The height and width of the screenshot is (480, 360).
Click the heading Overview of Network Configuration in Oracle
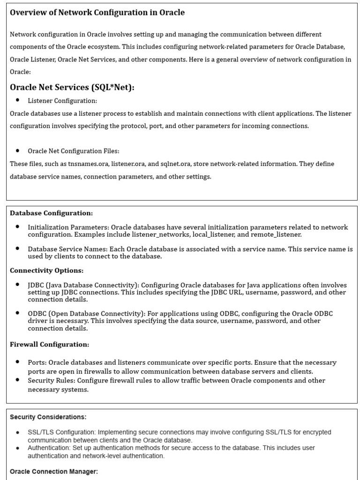[x=97, y=13]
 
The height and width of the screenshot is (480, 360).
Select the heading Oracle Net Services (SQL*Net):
[x=72, y=87]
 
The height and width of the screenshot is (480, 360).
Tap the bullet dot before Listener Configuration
[x=18, y=100]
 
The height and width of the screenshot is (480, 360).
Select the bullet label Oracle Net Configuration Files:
[x=74, y=151]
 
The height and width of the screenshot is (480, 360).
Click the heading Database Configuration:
[x=51, y=213]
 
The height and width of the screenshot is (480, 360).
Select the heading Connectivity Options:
[x=46, y=270]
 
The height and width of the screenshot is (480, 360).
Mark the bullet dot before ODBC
[x=18, y=313]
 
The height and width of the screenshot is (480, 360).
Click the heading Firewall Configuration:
[x=49, y=344]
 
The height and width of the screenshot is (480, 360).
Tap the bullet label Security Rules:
[x=51, y=380]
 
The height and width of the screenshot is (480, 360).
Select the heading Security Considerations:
[x=48, y=417]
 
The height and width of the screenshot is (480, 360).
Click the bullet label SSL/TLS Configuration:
[x=61, y=432]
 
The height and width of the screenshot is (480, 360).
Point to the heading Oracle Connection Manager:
[x=53, y=472]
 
